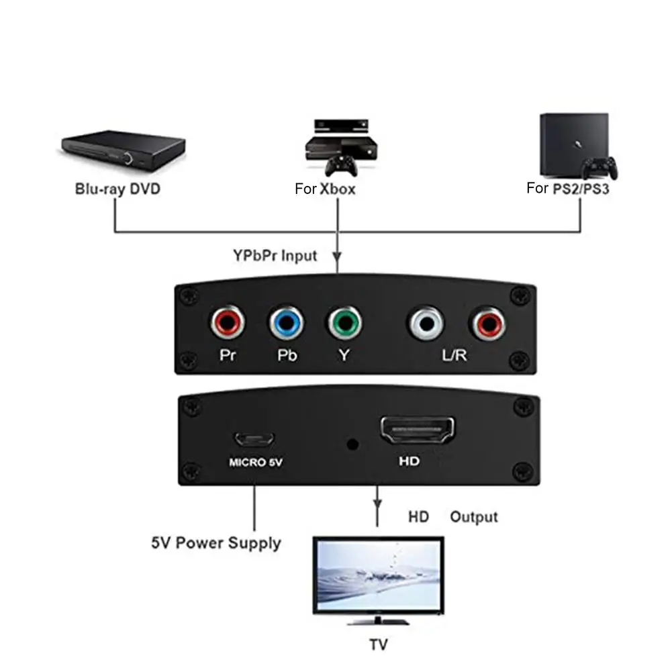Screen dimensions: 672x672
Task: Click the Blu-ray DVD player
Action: [x=123, y=148]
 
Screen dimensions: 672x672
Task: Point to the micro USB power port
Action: [x=254, y=439]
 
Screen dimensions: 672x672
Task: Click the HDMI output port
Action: [x=418, y=431]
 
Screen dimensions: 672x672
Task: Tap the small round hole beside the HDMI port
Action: [x=351, y=444]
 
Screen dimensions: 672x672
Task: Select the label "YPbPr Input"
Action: [x=275, y=255]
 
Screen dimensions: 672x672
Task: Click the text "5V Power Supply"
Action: [x=216, y=542]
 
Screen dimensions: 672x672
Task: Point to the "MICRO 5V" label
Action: [x=256, y=463]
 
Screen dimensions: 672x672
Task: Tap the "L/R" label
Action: [x=454, y=355]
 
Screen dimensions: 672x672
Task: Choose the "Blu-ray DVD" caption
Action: [x=118, y=189]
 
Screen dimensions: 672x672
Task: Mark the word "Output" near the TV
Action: [x=474, y=517]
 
